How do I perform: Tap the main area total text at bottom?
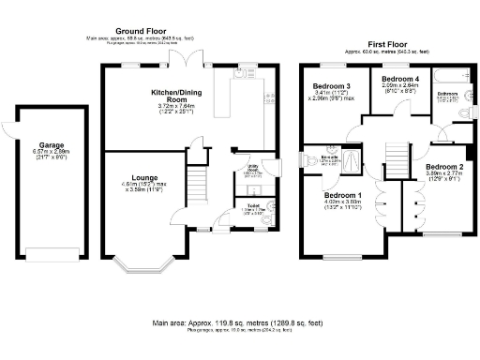(240, 323)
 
